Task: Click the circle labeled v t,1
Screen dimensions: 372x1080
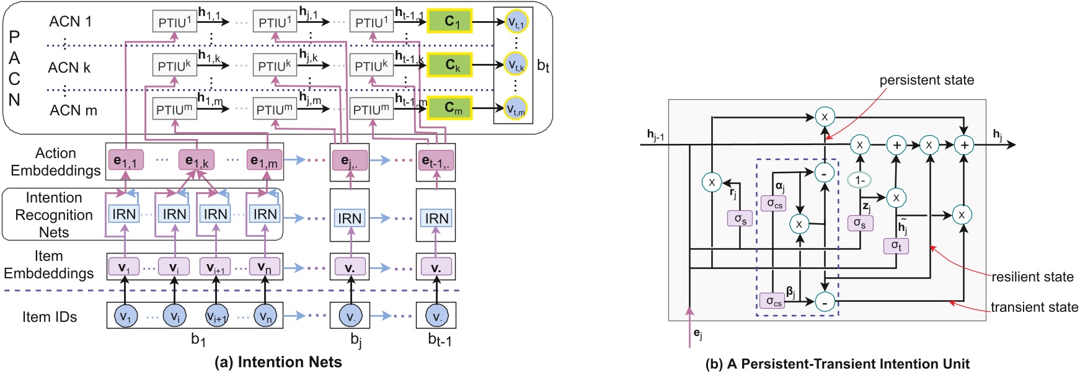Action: pyautogui.click(x=516, y=22)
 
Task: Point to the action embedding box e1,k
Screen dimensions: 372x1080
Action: pyautogui.click(x=197, y=161)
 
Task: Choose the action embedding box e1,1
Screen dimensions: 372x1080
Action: pyautogui.click(x=125, y=161)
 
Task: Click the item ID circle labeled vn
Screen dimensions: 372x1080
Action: pyautogui.click(x=265, y=316)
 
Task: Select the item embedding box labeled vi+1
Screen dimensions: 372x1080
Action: pyautogui.click(x=215, y=267)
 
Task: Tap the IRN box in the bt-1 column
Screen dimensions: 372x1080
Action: pyautogui.click(x=436, y=218)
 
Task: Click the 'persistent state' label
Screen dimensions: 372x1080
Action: pyautogui.click(x=926, y=80)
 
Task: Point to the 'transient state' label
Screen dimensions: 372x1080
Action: pyautogui.click(x=1034, y=308)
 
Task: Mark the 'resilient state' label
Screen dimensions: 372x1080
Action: pyautogui.click(x=1032, y=277)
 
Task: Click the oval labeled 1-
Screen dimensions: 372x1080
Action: pyautogui.click(x=859, y=180)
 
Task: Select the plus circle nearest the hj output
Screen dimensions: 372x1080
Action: pyautogui.click(x=964, y=144)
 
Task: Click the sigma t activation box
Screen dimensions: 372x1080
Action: pyautogui.click(x=896, y=246)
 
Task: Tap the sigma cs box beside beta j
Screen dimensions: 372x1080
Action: pyautogui.click(x=772, y=301)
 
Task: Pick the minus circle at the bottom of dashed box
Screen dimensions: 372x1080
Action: pyautogui.click(x=825, y=302)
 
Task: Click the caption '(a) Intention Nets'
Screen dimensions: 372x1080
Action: pyautogui.click(x=278, y=362)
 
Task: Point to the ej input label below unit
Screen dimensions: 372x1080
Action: pyautogui.click(x=698, y=335)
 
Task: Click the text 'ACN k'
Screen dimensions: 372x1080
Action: pyautogui.click(x=69, y=68)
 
